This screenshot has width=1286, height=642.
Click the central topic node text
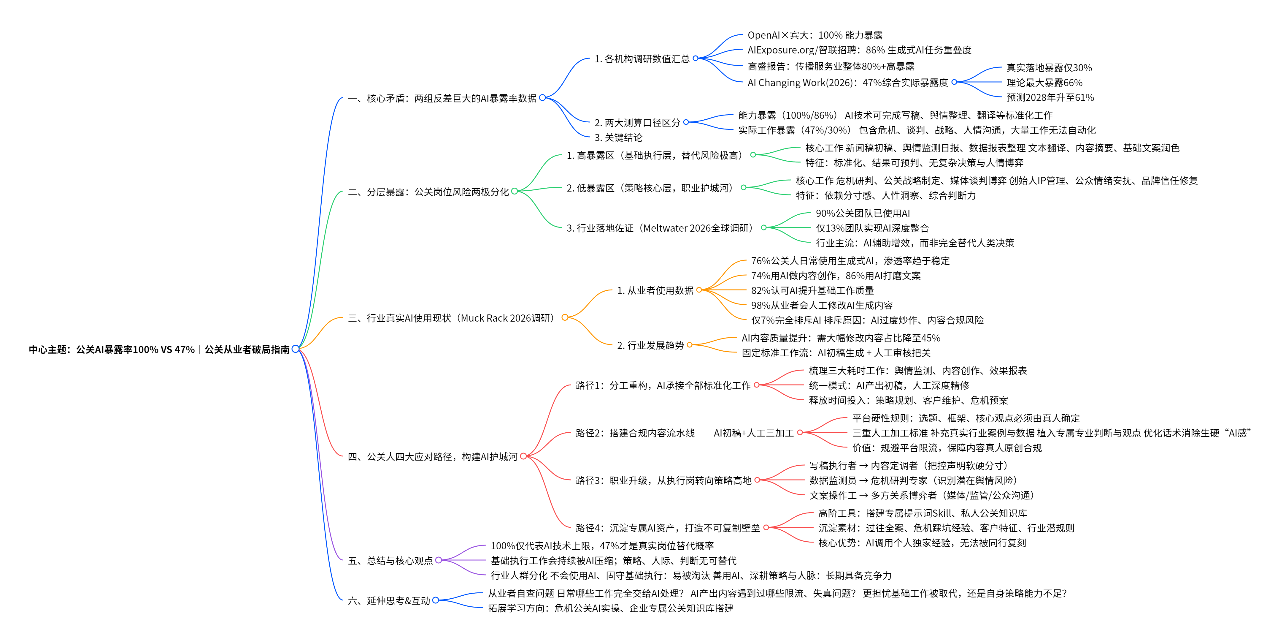point(159,349)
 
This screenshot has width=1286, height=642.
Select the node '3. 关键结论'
point(618,137)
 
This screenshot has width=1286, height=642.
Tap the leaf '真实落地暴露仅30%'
point(1049,67)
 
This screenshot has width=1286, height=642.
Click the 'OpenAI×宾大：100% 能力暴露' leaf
point(815,35)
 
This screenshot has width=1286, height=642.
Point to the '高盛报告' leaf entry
point(831,66)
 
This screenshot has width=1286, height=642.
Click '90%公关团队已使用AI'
point(863,213)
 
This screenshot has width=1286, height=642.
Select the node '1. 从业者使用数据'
point(655,290)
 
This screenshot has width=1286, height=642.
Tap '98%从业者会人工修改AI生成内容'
point(822,305)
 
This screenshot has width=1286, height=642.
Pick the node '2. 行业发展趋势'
point(650,345)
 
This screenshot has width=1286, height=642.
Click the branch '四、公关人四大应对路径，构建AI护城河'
point(432,457)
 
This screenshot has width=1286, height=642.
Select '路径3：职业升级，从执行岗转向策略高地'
point(663,480)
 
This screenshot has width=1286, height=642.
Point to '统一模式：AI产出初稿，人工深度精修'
point(889,385)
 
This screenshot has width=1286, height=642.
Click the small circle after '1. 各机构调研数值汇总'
point(696,58)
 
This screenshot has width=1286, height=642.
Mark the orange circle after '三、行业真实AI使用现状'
point(565,317)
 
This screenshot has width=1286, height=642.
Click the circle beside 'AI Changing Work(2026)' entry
point(954,82)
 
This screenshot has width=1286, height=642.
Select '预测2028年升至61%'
point(1050,97)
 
